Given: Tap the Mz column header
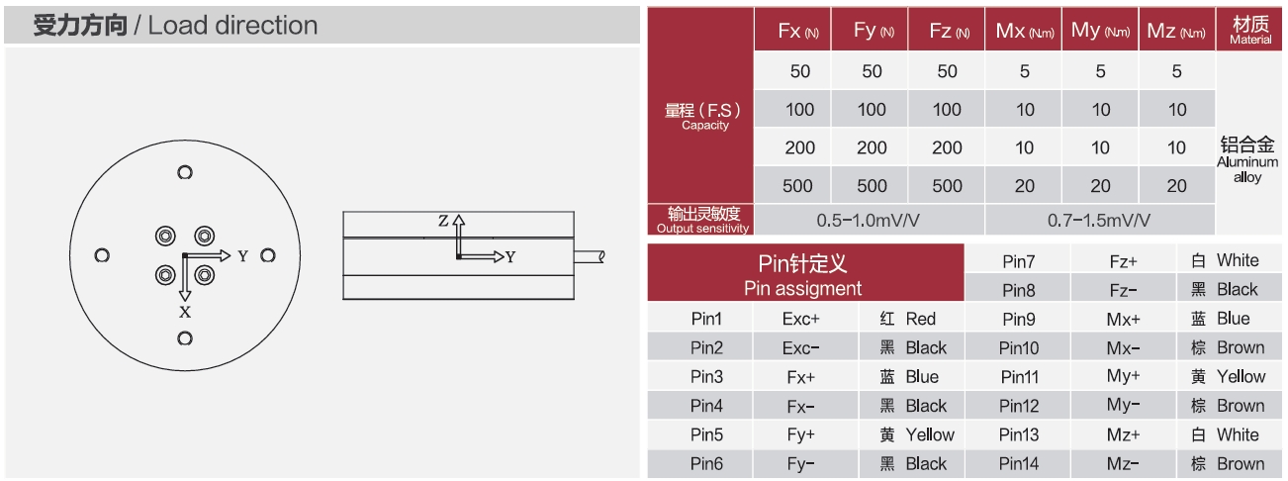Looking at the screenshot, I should tap(1176, 32).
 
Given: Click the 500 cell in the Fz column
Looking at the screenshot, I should tap(947, 186).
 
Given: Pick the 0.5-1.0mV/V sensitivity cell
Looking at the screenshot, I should tap(868, 219).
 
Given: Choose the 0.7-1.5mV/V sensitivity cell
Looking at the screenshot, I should tap(1099, 219).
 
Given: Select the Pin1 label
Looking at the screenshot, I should tap(706, 319).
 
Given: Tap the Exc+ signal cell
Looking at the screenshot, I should tap(800, 319).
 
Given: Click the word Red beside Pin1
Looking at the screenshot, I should tap(920, 319).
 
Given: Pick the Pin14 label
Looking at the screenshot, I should tap(1019, 463).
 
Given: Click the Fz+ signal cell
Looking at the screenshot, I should tap(1124, 261).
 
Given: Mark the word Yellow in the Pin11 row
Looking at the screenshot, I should tap(1241, 376).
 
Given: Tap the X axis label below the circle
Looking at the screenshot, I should tap(184, 312).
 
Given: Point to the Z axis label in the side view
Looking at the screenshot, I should tap(443, 220).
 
